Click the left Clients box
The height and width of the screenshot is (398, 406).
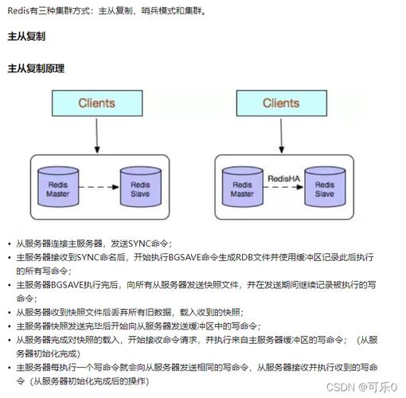pos(96,103)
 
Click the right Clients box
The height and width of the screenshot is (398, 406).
pos(280,103)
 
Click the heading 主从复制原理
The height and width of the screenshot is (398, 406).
pos(35,68)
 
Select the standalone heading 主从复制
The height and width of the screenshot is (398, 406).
pos(25,37)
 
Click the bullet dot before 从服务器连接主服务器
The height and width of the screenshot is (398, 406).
pos(9,244)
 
